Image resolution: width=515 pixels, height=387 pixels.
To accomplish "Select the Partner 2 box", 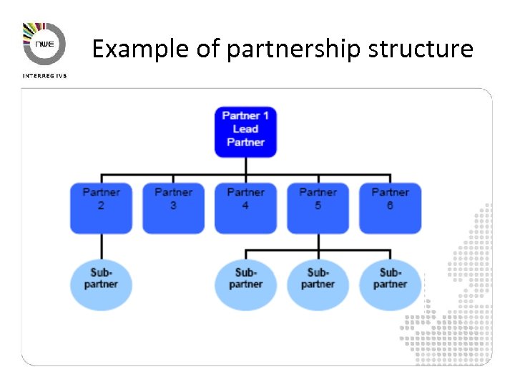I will point(101,208).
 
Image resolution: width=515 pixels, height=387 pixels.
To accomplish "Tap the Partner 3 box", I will point(173,208).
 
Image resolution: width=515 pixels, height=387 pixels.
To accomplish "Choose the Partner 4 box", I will point(245,208).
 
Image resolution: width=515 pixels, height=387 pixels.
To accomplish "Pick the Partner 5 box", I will point(318,208).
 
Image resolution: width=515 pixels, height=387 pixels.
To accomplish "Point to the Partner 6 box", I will point(390,208).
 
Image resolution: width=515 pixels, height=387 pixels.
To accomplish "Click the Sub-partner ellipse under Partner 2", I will point(101,280).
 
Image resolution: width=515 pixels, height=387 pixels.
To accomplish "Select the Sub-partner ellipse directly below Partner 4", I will point(245,280).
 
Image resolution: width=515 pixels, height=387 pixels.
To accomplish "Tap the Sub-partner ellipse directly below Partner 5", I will point(318,280).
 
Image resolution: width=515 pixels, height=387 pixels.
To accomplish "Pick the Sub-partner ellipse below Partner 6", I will point(390,280).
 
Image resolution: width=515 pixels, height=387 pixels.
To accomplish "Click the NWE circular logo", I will point(44,44).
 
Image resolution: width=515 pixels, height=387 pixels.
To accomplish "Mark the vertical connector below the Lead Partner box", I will point(245,166).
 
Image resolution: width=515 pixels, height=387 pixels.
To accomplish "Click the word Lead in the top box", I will point(245,129).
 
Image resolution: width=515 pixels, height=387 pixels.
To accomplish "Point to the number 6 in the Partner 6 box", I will point(390,206).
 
